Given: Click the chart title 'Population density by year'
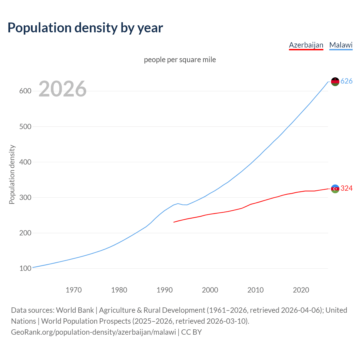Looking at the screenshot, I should point(85,28).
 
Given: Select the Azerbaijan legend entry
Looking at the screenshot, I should point(306,45).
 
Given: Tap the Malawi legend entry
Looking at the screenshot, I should point(341,45).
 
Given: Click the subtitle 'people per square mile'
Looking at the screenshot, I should point(180,60).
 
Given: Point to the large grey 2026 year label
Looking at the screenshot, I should point(62,89).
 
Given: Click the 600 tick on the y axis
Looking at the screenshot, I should point(25,91).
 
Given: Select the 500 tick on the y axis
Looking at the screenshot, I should point(25,127).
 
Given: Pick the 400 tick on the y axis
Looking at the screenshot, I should point(25,162).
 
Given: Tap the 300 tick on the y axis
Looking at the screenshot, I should point(25,197).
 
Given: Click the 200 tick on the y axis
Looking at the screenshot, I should point(25,233).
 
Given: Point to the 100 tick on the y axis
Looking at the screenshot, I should point(25,268).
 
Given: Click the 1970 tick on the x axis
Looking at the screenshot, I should point(74,290).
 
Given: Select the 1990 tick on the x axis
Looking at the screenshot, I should point(165,290).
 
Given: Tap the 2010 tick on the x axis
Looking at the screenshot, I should point(255,290).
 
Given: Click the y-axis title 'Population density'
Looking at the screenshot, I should point(12,174).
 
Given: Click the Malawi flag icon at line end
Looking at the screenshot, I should point(335,82).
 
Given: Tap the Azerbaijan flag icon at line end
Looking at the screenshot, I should point(335,189).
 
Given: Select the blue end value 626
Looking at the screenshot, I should point(346,81).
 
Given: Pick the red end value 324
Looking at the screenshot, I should point(346,188).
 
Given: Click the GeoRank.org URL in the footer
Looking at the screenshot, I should point(93,332).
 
